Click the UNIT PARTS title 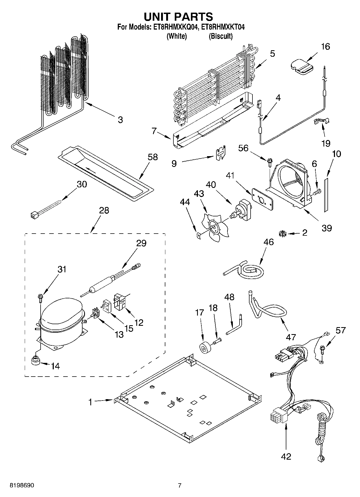click(x=178, y=17)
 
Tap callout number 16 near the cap click(x=325, y=47)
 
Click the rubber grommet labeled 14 click(x=35, y=360)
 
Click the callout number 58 click(x=153, y=157)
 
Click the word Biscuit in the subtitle click(x=220, y=36)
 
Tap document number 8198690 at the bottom click(x=22, y=485)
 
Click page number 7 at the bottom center click(x=180, y=485)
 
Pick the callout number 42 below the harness click(x=286, y=456)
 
